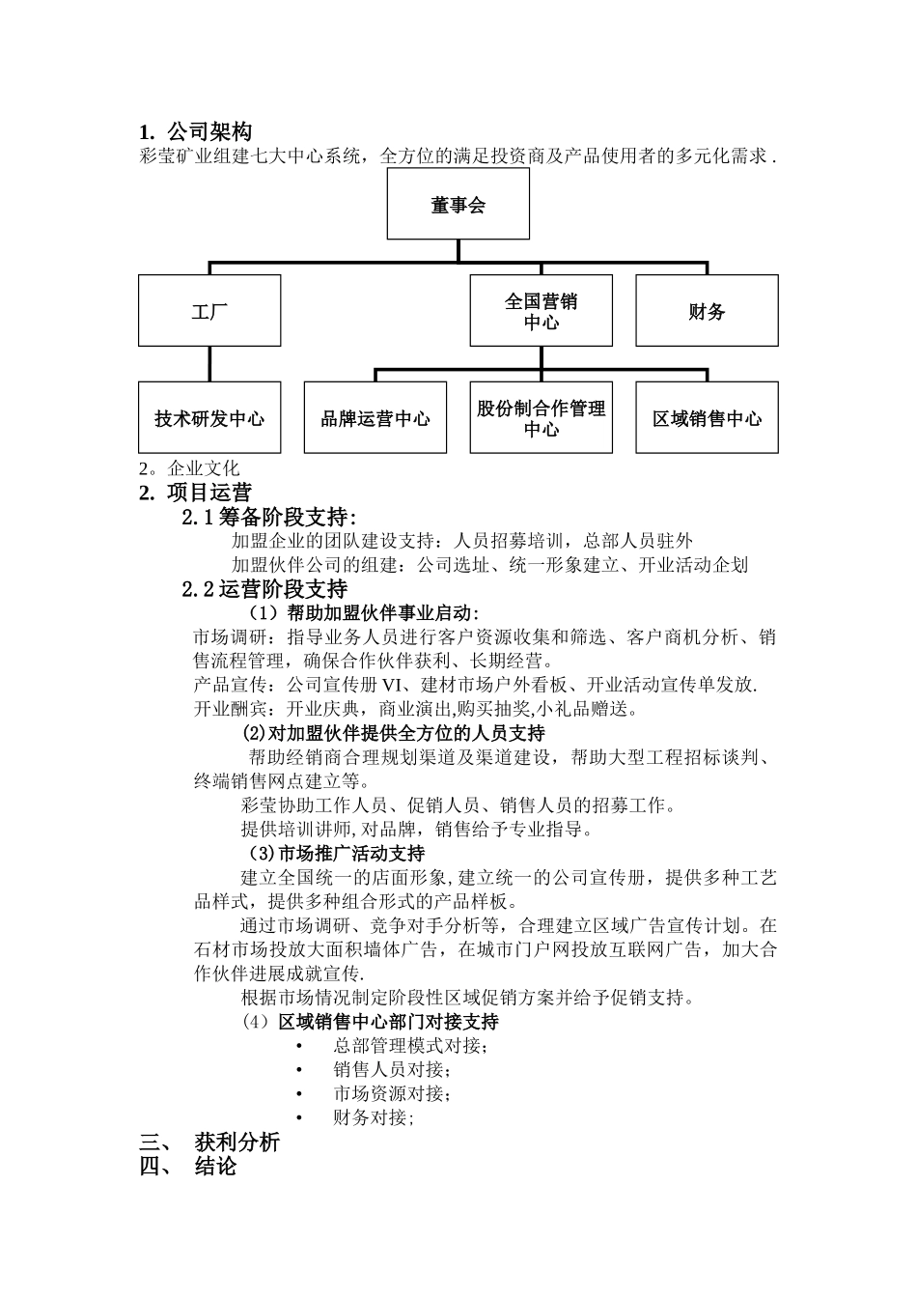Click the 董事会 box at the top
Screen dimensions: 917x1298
(x=458, y=205)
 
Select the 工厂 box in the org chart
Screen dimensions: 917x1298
(x=209, y=311)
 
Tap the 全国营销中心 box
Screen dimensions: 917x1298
(x=541, y=311)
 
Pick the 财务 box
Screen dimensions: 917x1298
(x=707, y=311)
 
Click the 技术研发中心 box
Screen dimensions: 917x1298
(x=209, y=418)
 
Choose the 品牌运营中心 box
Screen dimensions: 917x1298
(x=375, y=418)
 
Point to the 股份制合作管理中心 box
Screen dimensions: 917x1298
(x=541, y=418)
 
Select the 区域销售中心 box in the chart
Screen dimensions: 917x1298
(x=707, y=418)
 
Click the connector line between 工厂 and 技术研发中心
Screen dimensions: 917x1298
(x=209, y=364)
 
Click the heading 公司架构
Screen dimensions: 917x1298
(x=208, y=131)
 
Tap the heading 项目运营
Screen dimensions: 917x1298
(x=208, y=493)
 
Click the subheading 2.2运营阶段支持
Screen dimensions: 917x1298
(x=264, y=588)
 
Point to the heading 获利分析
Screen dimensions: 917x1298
(x=236, y=1142)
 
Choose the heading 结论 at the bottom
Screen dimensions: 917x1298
(x=215, y=1166)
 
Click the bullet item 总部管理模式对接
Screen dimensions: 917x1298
(x=410, y=1046)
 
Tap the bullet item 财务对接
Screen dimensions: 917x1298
(x=373, y=1118)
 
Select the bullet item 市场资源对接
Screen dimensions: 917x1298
(x=391, y=1094)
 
